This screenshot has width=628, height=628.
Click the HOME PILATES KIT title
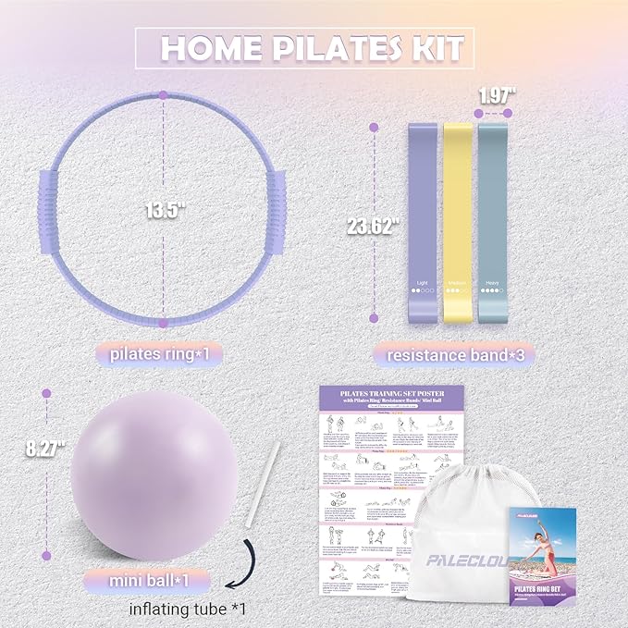(x=304, y=47)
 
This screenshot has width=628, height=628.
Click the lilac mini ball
(x=153, y=474)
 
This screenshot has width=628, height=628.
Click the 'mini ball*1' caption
(x=150, y=582)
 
